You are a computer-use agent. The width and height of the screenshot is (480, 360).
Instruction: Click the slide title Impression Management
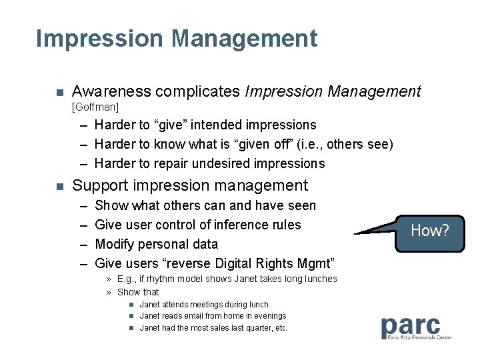click(177, 39)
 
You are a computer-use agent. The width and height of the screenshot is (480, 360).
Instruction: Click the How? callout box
click(429, 231)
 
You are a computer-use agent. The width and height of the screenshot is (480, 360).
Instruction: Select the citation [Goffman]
click(95, 107)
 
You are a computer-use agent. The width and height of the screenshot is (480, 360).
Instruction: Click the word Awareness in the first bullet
click(107, 91)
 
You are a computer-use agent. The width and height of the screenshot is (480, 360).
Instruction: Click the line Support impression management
click(189, 185)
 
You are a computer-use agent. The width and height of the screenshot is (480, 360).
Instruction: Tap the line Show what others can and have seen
click(205, 205)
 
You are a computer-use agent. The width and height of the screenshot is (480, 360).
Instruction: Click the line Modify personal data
click(157, 244)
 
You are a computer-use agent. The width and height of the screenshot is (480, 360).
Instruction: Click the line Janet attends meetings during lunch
click(204, 305)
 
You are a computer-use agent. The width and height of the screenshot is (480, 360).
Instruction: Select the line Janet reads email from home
click(213, 316)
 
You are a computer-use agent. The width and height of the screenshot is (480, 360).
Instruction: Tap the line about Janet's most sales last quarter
click(213, 328)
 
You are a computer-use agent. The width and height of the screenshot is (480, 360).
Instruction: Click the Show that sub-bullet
click(138, 292)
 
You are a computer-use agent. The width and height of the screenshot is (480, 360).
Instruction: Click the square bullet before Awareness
click(58, 92)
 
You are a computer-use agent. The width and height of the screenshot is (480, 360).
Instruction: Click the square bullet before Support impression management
click(58, 186)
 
